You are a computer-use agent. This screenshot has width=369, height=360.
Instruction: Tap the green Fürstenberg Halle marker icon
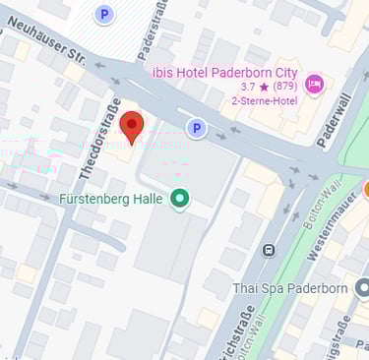click(x=179, y=200)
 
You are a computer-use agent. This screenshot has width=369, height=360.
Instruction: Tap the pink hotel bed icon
click(x=314, y=83)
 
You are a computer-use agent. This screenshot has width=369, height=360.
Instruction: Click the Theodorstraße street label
click(x=100, y=139)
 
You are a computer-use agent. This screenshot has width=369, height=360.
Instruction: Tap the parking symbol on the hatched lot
click(x=103, y=14)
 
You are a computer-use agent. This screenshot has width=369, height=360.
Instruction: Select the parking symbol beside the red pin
click(x=197, y=128)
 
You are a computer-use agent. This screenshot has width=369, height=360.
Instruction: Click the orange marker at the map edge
click(x=365, y=189)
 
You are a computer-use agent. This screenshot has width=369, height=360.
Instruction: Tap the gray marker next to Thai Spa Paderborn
click(x=361, y=288)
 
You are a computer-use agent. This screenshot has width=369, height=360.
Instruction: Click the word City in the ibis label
click(x=281, y=72)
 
